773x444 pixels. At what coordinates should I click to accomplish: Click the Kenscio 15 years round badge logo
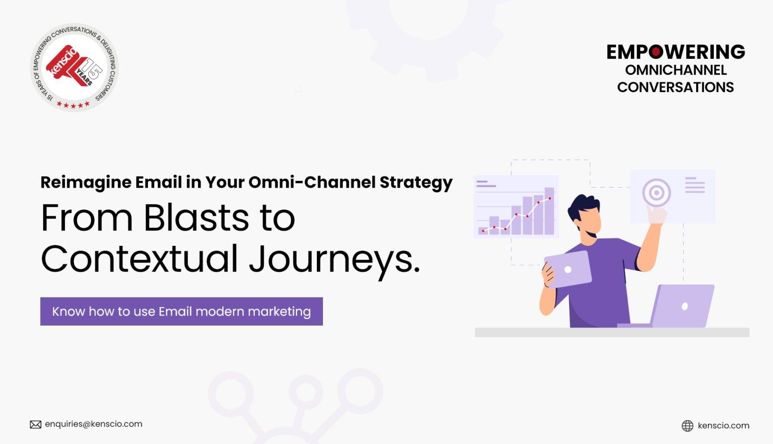[x=74, y=67]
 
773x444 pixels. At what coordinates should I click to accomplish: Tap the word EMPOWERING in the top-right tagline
[x=675, y=52]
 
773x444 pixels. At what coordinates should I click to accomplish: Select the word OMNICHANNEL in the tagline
[x=676, y=70]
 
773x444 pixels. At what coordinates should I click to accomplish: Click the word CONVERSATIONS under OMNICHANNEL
[x=675, y=87]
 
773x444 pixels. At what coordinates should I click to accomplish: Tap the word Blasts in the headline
[x=196, y=218]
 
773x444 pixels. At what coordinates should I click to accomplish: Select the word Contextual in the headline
[x=139, y=259]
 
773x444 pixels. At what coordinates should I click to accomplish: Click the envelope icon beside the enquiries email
[x=35, y=424]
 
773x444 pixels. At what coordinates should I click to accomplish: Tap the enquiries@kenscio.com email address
[x=94, y=424]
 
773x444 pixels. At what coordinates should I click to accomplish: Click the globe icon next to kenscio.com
[x=687, y=426]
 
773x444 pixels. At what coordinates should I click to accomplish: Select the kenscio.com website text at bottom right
[x=723, y=426]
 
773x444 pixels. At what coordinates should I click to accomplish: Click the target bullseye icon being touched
[x=657, y=193]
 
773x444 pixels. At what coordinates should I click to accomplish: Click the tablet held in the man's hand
[x=568, y=269]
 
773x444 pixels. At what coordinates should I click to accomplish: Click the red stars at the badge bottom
[x=73, y=105]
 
